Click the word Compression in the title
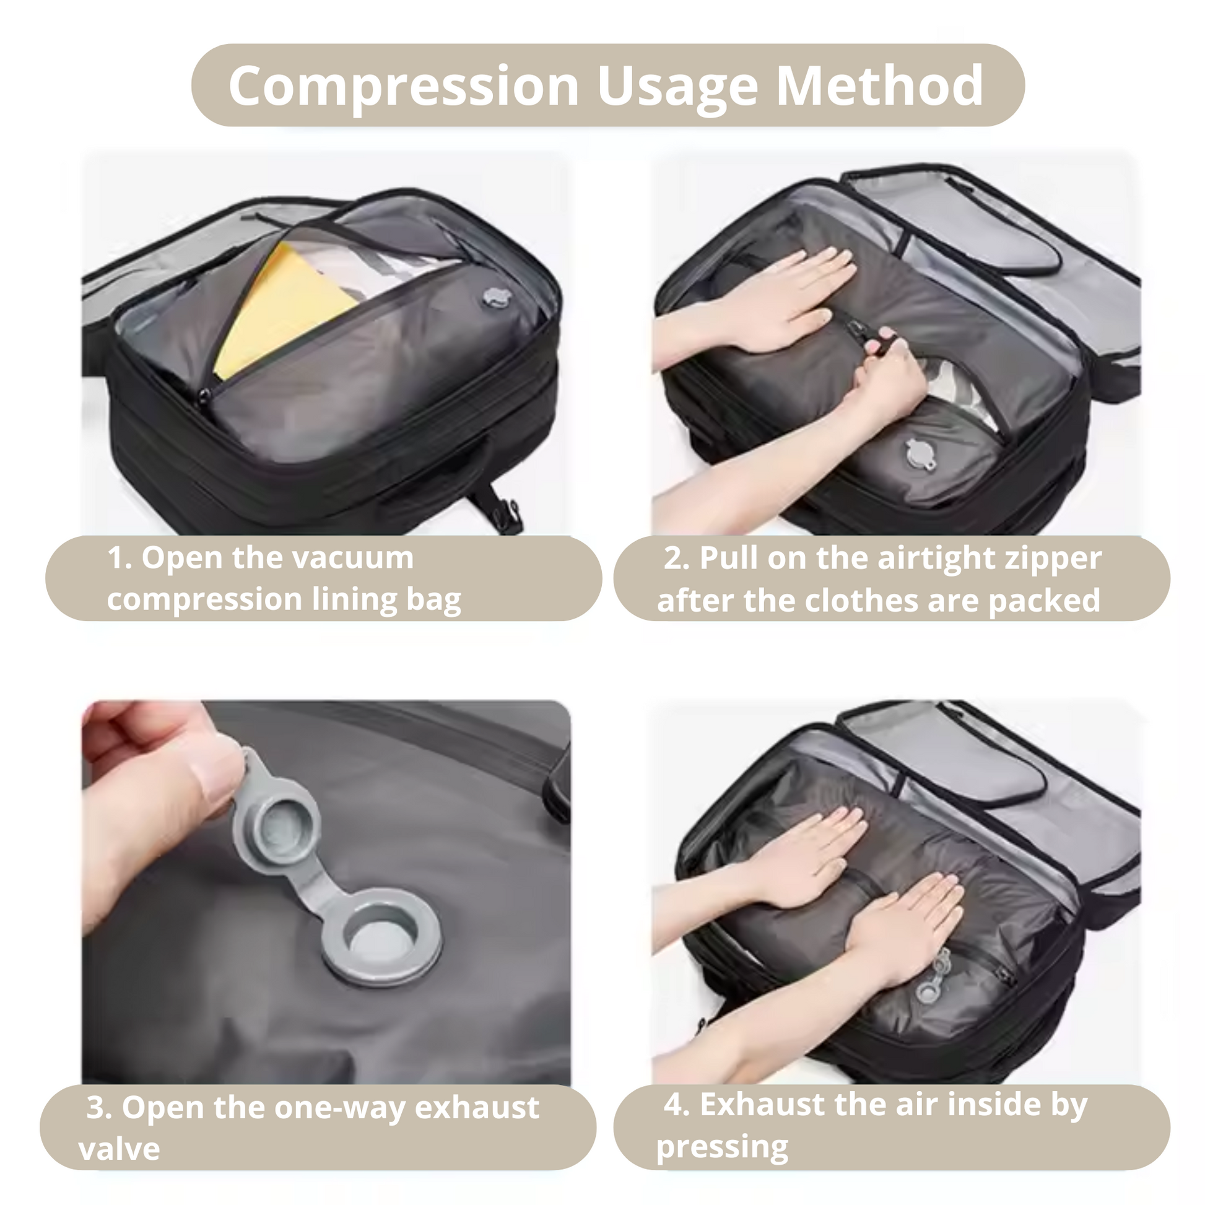pyautogui.click(x=404, y=87)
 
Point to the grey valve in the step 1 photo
pyautogui.click(x=494, y=297)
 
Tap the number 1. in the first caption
pyautogui.click(x=120, y=557)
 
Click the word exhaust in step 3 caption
pyautogui.click(x=477, y=1108)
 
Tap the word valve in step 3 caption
pyautogui.click(x=119, y=1149)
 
